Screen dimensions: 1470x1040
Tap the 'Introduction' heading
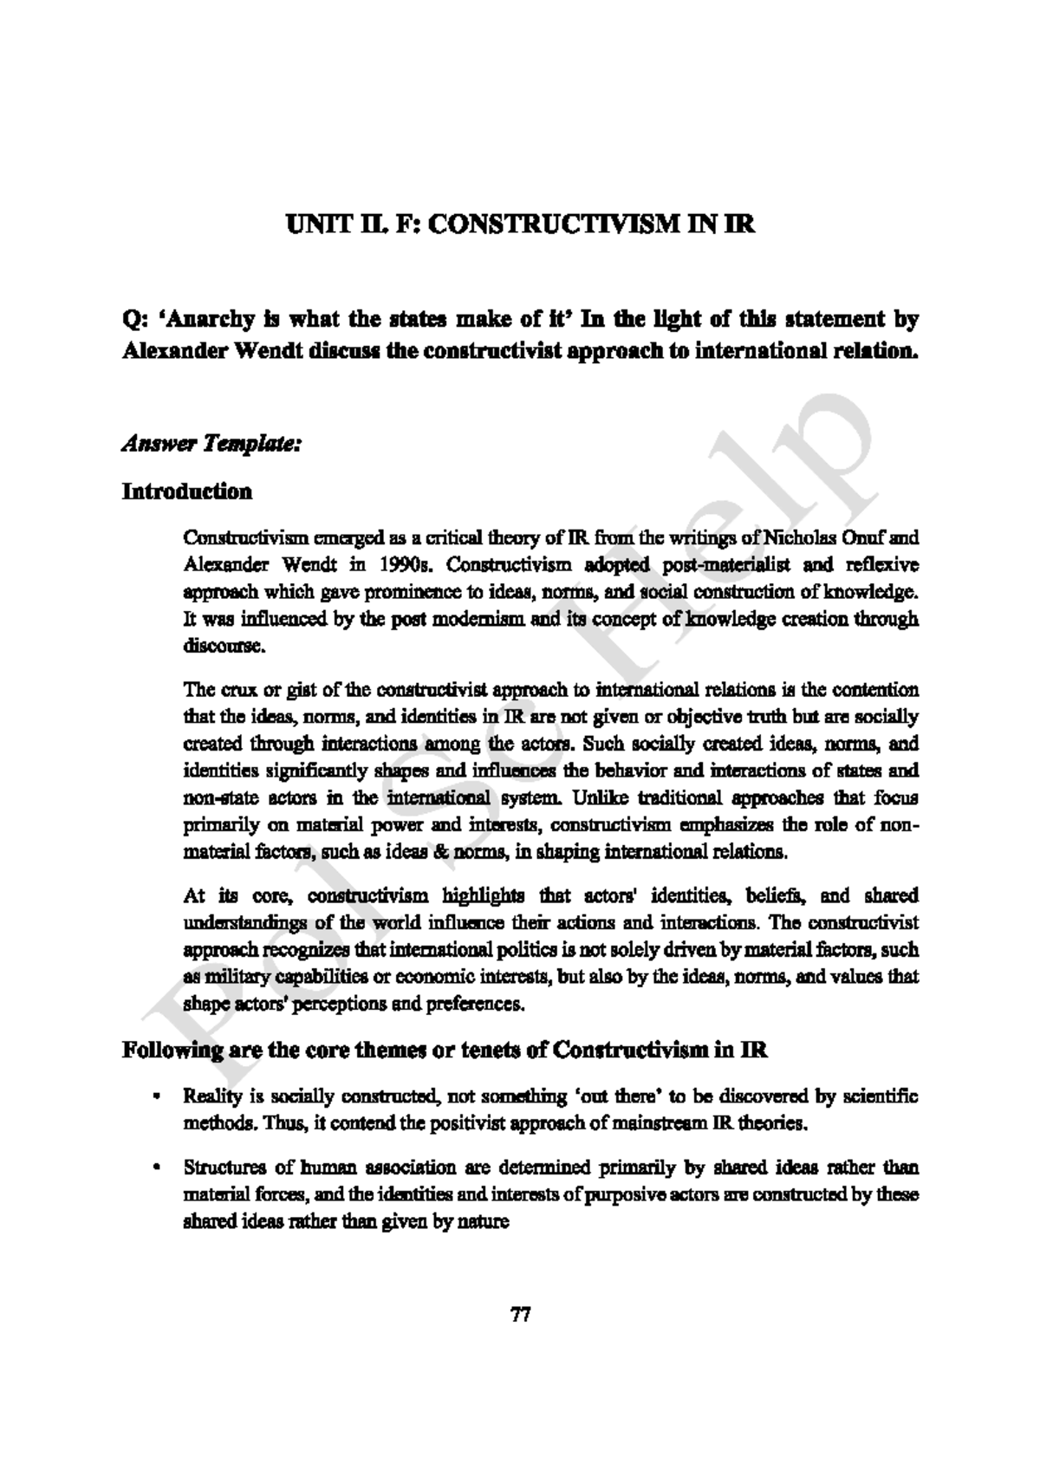coord(186,492)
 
